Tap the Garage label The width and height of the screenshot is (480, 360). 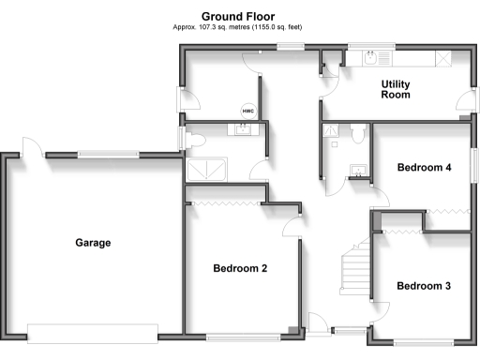(x=93, y=243)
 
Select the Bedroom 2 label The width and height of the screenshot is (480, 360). (x=240, y=268)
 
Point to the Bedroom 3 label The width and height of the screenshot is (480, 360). (x=424, y=286)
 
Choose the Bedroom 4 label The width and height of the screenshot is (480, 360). (x=425, y=168)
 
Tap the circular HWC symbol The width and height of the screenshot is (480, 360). (x=248, y=111)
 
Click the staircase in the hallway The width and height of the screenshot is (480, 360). (x=354, y=266)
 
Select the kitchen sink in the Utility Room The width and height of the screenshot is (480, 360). (x=374, y=58)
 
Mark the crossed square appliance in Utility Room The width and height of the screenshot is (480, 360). (x=442, y=58)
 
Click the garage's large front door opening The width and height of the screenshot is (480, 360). (x=92, y=332)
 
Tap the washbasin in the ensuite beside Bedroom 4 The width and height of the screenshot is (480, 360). (x=356, y=170)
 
